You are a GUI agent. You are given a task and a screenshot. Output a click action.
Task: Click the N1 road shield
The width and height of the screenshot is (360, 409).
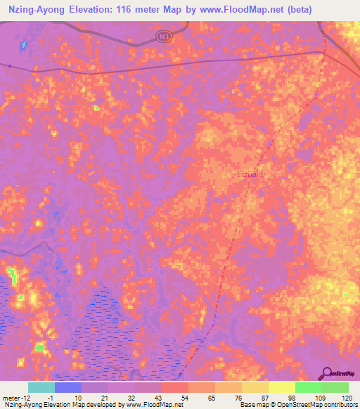164,35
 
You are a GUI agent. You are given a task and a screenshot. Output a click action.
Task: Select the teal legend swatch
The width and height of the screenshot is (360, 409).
41,387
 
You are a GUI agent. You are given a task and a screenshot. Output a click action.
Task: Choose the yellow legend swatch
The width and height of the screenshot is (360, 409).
281,387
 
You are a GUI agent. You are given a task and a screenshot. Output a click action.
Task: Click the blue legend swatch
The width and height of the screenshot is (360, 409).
68,387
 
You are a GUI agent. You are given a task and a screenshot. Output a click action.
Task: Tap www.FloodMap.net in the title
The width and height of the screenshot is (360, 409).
240,9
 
